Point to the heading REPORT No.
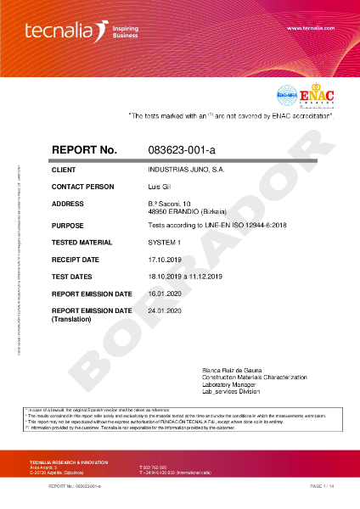tap(84, 150)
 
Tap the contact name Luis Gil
tap(160, 187)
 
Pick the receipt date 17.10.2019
tap(166, 259)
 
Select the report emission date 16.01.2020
tap(166, 294)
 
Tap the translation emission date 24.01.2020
tap(166, 311)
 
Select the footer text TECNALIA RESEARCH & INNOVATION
tap(69, 461)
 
